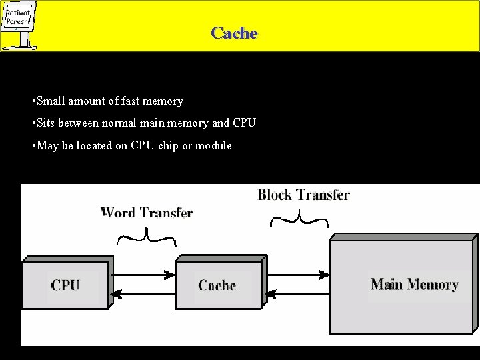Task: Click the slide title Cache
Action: tap(234, 33)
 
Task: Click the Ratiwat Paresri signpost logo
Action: tap(20, 25)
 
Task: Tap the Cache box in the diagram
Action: tap(217, 285)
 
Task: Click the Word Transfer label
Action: tap(147, 213)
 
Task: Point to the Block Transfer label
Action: tap(303, 195)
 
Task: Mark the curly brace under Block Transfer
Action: tap(300, 219)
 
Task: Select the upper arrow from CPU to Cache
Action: tap(144, 273)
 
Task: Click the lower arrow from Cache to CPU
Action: tap(144, 293)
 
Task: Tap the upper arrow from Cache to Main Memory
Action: tap(298, 273)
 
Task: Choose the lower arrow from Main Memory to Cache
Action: tap(298, 293)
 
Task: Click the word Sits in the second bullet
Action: tap(46, 123)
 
